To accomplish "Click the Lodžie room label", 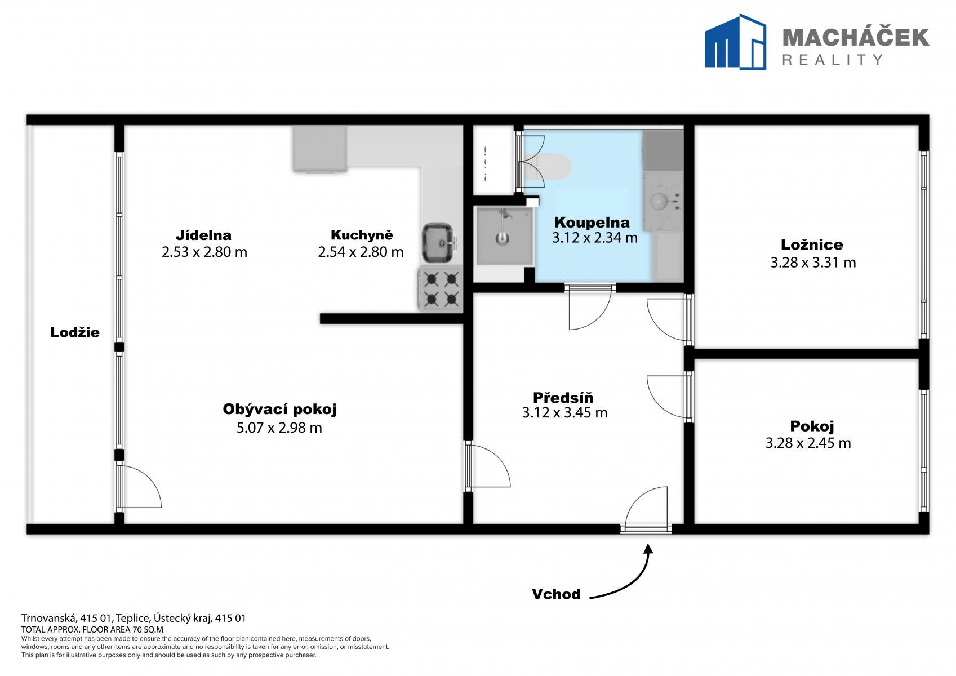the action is pos(75,332).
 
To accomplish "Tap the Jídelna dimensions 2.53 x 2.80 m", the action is pos(204,252).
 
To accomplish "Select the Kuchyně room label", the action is pos(362,235).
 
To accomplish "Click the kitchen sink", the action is pos(438,242).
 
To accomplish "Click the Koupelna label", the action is pos(592,223).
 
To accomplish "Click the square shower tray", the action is pos(504,235).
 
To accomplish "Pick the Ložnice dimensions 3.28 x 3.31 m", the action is pos(813,262).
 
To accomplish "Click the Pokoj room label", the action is pos(812,426).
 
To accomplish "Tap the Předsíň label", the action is pos(563,398).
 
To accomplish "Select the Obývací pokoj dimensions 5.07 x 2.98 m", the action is pos(279,427).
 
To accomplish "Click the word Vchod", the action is pos(556,594).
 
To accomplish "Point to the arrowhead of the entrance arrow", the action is pos(648,548).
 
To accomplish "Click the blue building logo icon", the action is pos(735,41).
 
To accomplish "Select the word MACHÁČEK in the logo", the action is pos(856,37).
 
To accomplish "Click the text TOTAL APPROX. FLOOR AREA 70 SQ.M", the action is pos(92,629).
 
